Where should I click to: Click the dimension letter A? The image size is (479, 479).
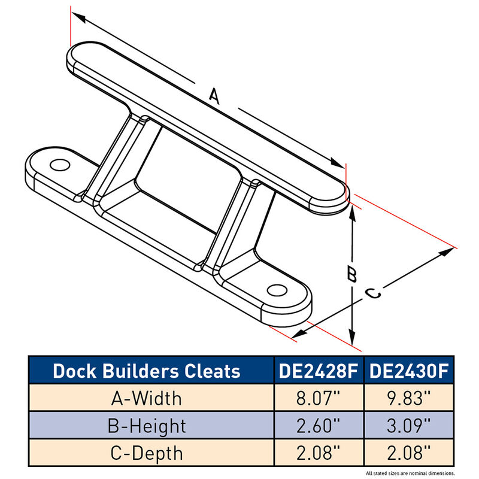tap(214, 96)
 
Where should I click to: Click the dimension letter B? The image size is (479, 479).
tap(353, 274)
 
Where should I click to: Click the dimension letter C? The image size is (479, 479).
tap(372, 293)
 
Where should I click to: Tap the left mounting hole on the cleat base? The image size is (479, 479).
tap(58, 165)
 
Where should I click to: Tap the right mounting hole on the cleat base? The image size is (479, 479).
tap(276, 290)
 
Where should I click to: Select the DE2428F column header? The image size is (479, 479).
tap(317, 371)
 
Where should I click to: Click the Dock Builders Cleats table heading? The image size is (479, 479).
tap(147, 371)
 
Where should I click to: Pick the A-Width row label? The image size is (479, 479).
tap(147, 398)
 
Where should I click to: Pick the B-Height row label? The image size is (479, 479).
tap(147, 426)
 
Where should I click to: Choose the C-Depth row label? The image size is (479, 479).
tap(147, 453)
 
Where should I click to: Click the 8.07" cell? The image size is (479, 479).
tap(317, 398)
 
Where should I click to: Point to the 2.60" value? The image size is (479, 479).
tap(317, 426)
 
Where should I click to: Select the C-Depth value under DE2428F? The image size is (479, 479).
tap(317, 453)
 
